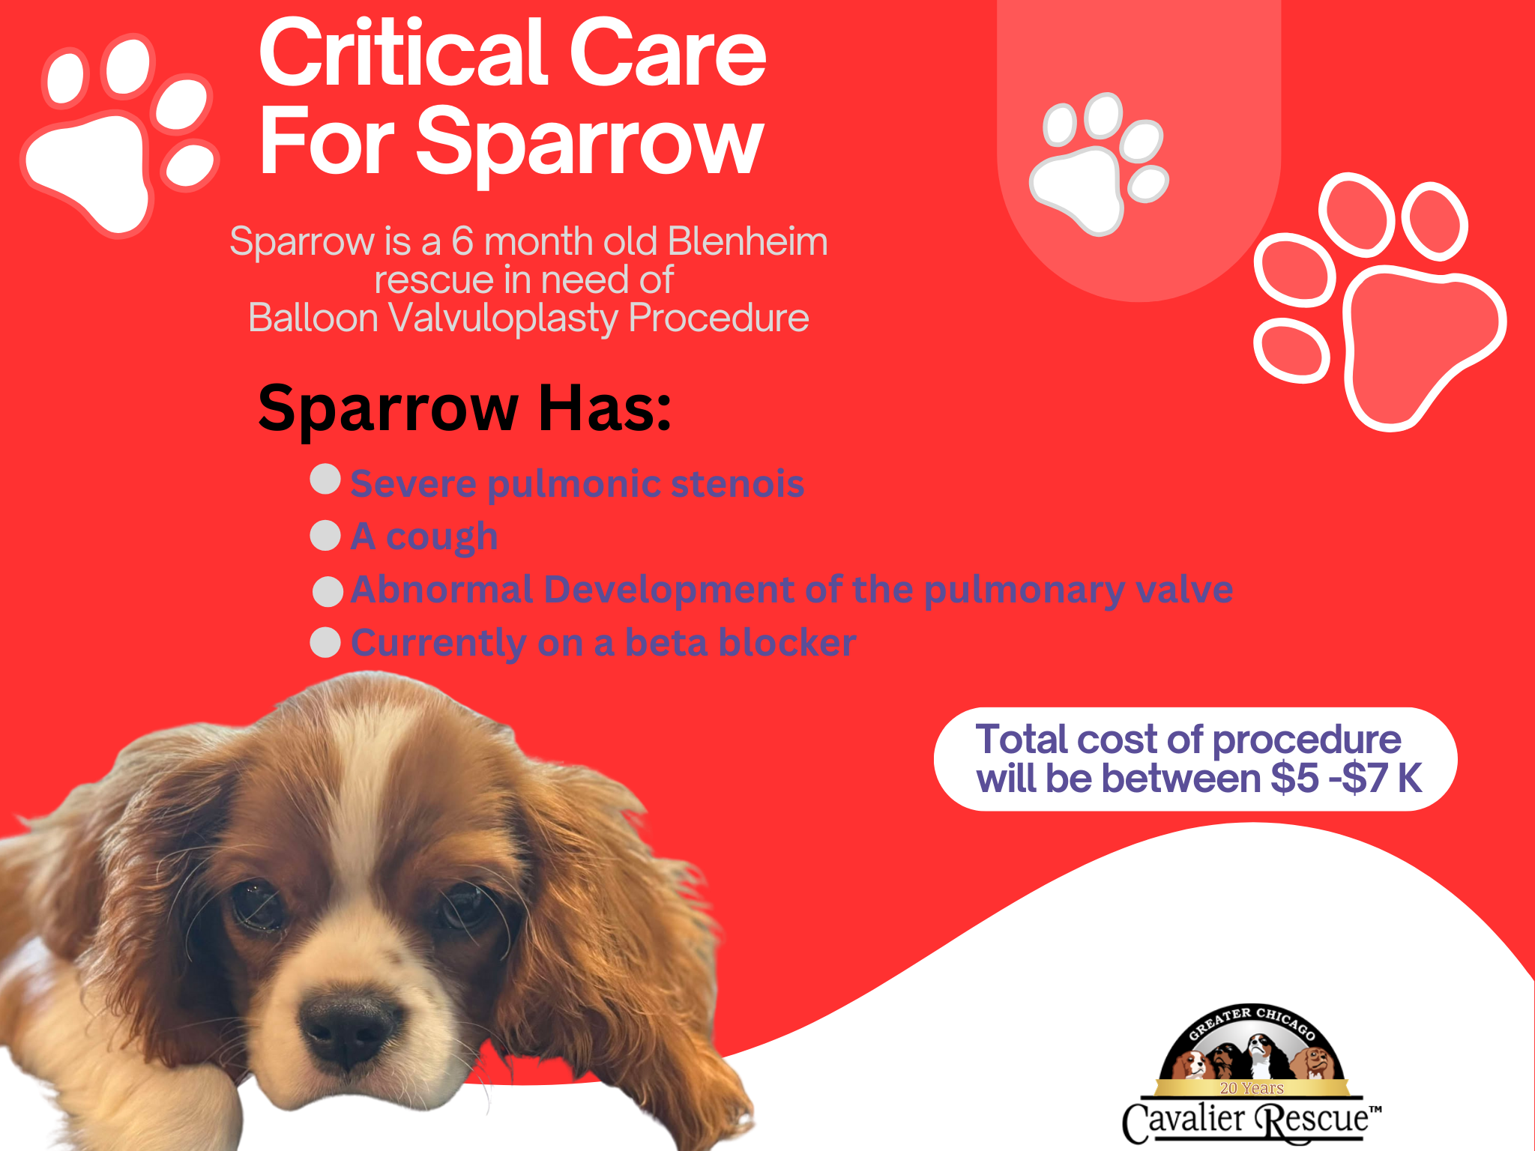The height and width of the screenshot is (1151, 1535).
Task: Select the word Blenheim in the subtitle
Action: [x=747, y=241]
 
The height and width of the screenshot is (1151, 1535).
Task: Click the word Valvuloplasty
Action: [x=503, y=319]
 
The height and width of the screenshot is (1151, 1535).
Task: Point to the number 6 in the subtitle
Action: [x=462, y=242]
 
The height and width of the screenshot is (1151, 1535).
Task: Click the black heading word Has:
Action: [x=606, y=408]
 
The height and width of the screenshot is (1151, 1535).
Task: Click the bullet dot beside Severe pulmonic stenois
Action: [x=325, y=479]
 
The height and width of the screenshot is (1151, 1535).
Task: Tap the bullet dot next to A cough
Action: [x=325, y=536]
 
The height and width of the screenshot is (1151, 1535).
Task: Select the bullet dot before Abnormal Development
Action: [x=328, y=591]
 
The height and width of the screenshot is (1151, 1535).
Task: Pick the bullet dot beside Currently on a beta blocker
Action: [x=325, y=642]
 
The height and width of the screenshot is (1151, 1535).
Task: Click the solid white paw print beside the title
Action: [x=119, y=135]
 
